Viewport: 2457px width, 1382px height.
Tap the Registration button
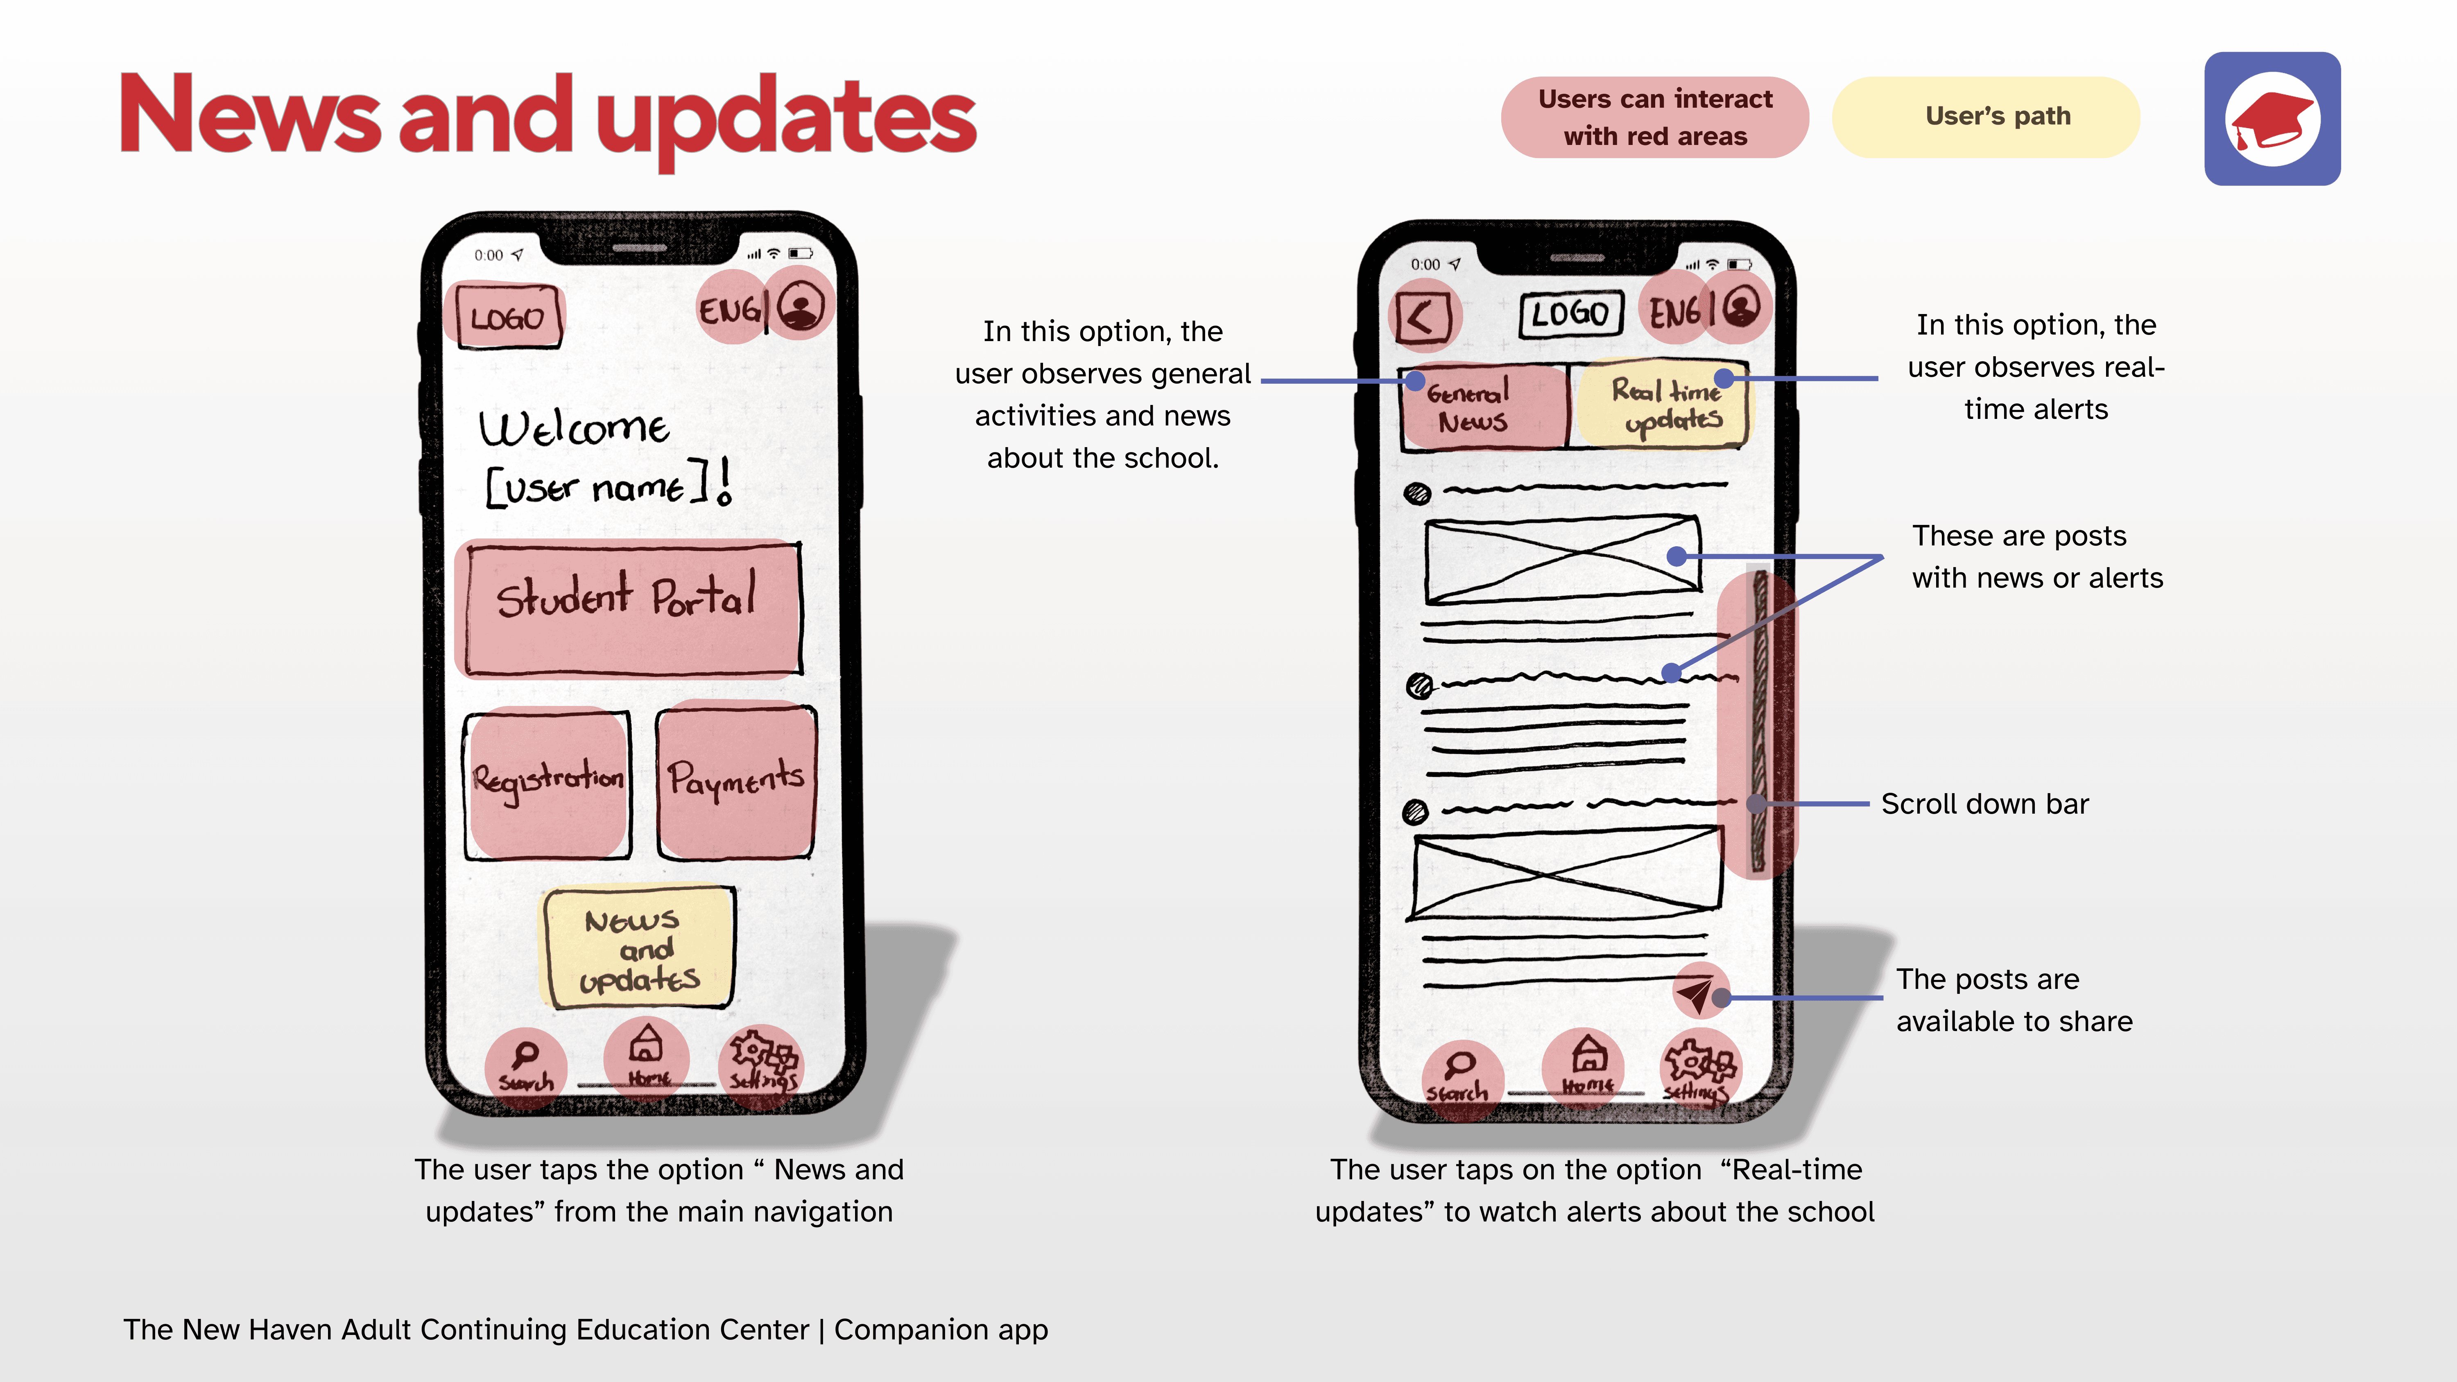548,782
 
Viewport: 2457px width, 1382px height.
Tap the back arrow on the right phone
1422,318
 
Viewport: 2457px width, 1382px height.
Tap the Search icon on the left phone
525,1065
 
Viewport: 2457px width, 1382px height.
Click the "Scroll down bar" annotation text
1984,804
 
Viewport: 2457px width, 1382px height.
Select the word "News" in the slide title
250,116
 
